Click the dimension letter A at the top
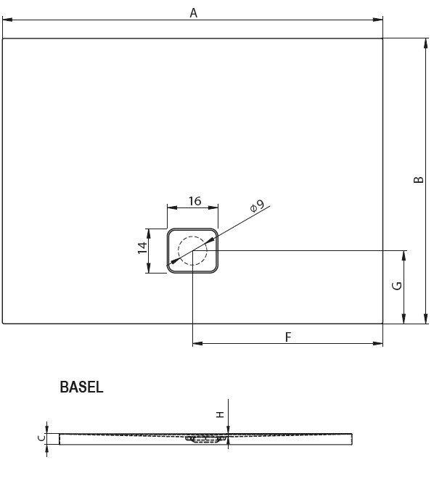click(193, 12)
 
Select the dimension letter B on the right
click(417, 178)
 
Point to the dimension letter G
click(396, 286)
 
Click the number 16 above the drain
click(194, 201)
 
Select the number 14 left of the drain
click(142, 251)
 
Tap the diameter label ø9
click(256, 207)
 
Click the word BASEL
click(81, 387)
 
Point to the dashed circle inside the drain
click(192, 251)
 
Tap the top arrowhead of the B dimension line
click(425, 42)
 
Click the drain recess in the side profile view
click(205, 438)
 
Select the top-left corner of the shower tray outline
click(3, 38)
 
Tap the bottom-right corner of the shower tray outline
click(382, 323)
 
